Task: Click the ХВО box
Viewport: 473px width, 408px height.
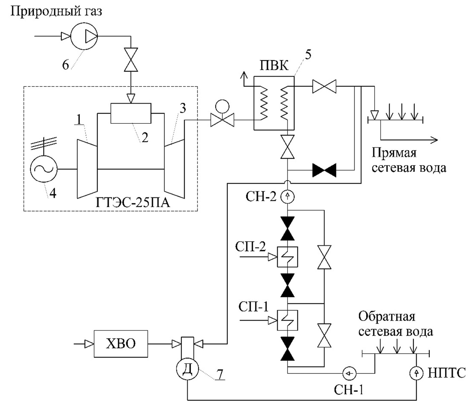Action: point(121,344)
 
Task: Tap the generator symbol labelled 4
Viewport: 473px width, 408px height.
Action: point(44,169)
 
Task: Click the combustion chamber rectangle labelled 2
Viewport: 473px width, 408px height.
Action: point(131,113)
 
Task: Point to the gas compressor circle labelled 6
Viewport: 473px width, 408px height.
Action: point(84,36)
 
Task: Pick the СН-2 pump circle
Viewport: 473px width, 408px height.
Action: point(287,196)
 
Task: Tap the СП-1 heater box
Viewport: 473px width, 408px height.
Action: point(288,320)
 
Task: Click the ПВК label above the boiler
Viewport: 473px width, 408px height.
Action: point(274,65)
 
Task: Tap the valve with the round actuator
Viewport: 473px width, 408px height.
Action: point(222,119)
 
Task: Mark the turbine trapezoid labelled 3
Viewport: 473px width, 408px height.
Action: point(174,168)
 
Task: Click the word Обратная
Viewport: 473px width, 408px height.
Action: point(386,317)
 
